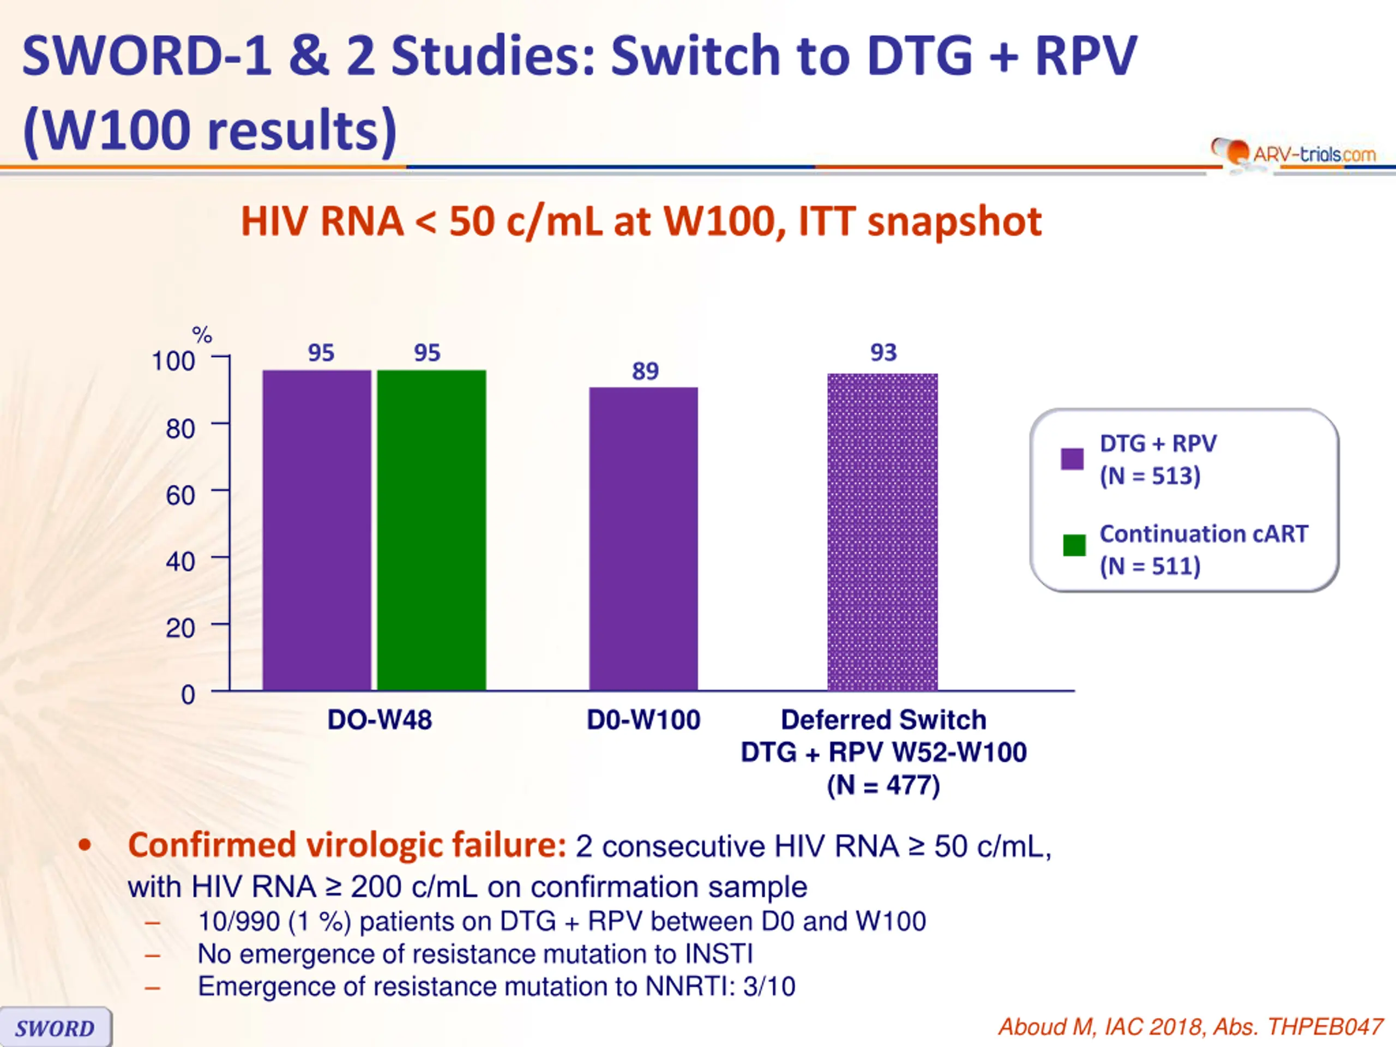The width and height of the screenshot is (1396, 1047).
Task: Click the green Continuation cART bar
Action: point(432,530)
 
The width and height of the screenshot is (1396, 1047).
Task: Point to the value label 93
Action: point(883,353)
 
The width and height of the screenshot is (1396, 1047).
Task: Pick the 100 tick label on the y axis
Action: point(173,362)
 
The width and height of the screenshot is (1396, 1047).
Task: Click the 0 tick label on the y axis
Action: point(188,695)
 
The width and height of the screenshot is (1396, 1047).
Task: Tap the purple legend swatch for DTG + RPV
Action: point(1072,459)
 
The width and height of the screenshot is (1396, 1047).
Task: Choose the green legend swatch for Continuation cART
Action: point(1074,545)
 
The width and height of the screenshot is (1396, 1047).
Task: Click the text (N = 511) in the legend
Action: point(1150,566)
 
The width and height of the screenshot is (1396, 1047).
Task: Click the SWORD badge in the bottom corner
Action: point(56,1028)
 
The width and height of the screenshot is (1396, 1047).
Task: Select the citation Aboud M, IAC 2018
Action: point(1190,1027)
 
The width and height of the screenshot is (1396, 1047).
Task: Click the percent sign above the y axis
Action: point(202,334)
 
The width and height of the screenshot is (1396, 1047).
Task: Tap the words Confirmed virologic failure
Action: point(347,846)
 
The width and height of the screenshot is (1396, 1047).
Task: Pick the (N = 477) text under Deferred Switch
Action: point(883,786)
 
